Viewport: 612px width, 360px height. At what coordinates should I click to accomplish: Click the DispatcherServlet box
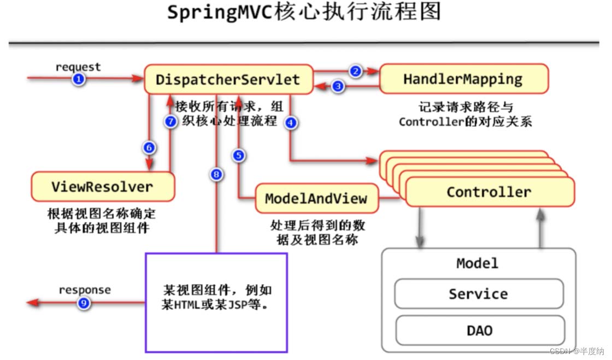[228, 79]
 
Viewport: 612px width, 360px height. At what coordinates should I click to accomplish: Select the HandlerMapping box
[463, 79]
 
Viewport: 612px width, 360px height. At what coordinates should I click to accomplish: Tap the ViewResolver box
[103, 186]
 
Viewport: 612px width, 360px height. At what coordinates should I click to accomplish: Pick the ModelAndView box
[316, 198]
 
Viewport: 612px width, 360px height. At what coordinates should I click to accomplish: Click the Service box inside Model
[479, 294]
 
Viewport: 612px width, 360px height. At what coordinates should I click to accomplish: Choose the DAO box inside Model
[479, 331]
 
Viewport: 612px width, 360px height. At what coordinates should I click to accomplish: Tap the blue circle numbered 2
[356, 71]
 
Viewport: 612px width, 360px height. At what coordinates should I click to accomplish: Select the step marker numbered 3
[339, 86]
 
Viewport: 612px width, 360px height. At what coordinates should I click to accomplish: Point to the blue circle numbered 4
[291, 123]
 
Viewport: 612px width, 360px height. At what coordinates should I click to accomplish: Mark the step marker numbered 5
[239, 156]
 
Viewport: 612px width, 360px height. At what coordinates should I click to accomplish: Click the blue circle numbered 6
[149, 147]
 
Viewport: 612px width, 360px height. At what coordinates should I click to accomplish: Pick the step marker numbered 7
[171, 122]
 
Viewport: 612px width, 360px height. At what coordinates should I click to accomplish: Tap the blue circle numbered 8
[217, 175]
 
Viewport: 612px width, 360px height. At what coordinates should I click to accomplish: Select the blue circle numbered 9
[83, 303]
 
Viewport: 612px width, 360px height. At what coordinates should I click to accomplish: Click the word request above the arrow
[78, 67]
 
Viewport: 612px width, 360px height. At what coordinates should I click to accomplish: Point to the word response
[85, 290]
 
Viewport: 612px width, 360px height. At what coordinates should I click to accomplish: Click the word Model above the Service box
[478, 263]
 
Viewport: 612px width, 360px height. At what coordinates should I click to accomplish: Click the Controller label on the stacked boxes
[489, 192]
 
